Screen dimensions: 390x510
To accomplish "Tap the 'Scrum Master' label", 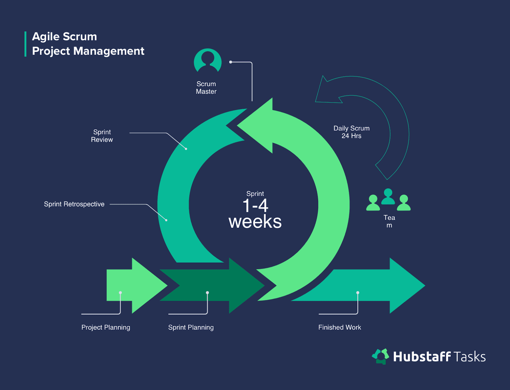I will click(206, 88).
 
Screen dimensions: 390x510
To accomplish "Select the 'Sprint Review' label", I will click(102, 136).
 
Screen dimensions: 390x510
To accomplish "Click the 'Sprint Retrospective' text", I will click(74, 204).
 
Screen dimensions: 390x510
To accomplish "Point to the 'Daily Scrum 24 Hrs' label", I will click(351, 132).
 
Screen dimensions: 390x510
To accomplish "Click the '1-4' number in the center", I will click(255, 206).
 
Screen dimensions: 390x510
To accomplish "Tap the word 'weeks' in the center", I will click(255, 222).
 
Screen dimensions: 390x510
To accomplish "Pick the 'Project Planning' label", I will click(106, 327).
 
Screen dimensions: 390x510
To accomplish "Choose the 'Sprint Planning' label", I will click(191, 327).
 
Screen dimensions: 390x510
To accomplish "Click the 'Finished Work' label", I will click(339, 327).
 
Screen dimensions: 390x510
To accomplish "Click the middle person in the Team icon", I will click(388, 197).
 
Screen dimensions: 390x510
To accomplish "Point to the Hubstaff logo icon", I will click(381, 356).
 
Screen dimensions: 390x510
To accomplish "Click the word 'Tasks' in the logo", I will click(470, 357).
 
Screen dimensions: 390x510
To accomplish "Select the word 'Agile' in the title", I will click(46, 37).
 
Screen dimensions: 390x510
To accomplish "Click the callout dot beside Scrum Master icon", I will click(230, 62).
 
